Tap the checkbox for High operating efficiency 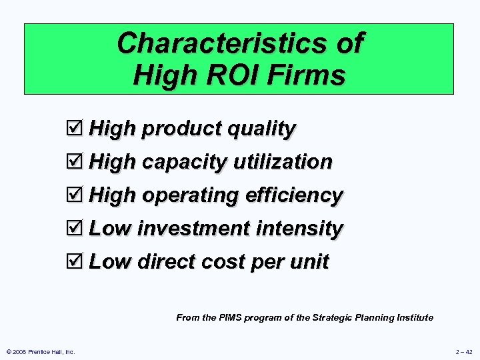point(77,195)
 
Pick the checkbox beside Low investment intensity point(77,228)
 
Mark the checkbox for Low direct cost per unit point(77,261)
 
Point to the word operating point(190,196)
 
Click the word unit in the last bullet point(310,262)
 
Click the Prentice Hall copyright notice point(41,351)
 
